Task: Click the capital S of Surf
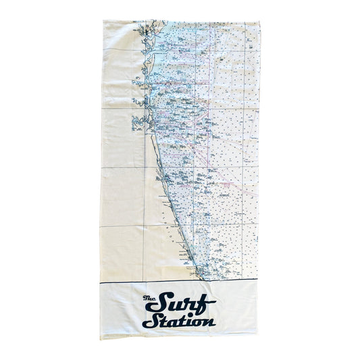coord(165,301)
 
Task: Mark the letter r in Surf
coord(187,303)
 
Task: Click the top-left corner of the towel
coord(102,21)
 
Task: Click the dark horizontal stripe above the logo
coord(180,280)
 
